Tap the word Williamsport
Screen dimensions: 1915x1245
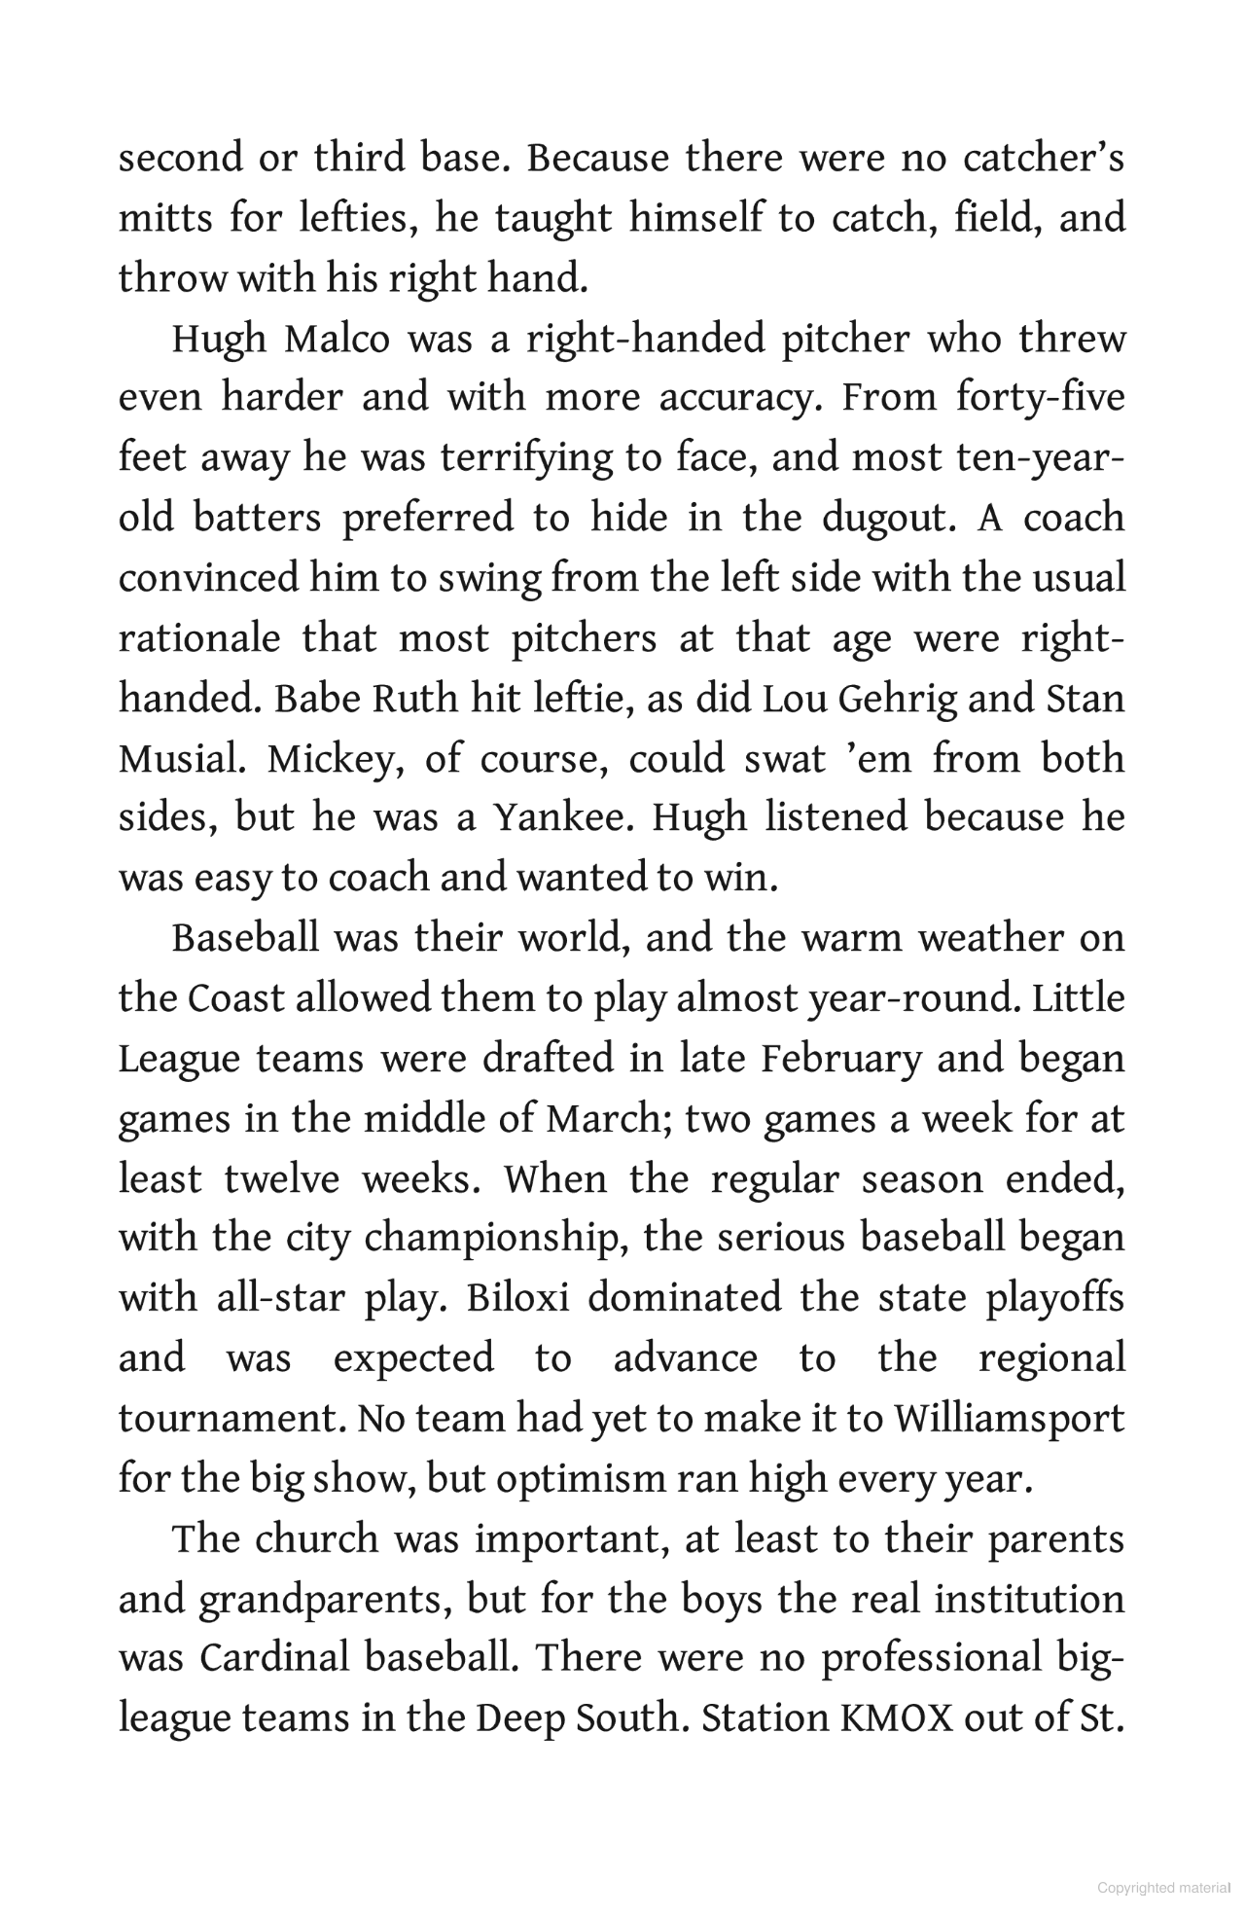pyautogui.click(x=1009, y=1420)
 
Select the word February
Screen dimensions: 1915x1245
pyautogui.click(x=840, y=1059)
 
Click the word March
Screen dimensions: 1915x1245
pyautogui.click(x=605, y=1119)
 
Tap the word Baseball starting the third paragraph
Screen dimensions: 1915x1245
pyautogui.click(x=245, y=939)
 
